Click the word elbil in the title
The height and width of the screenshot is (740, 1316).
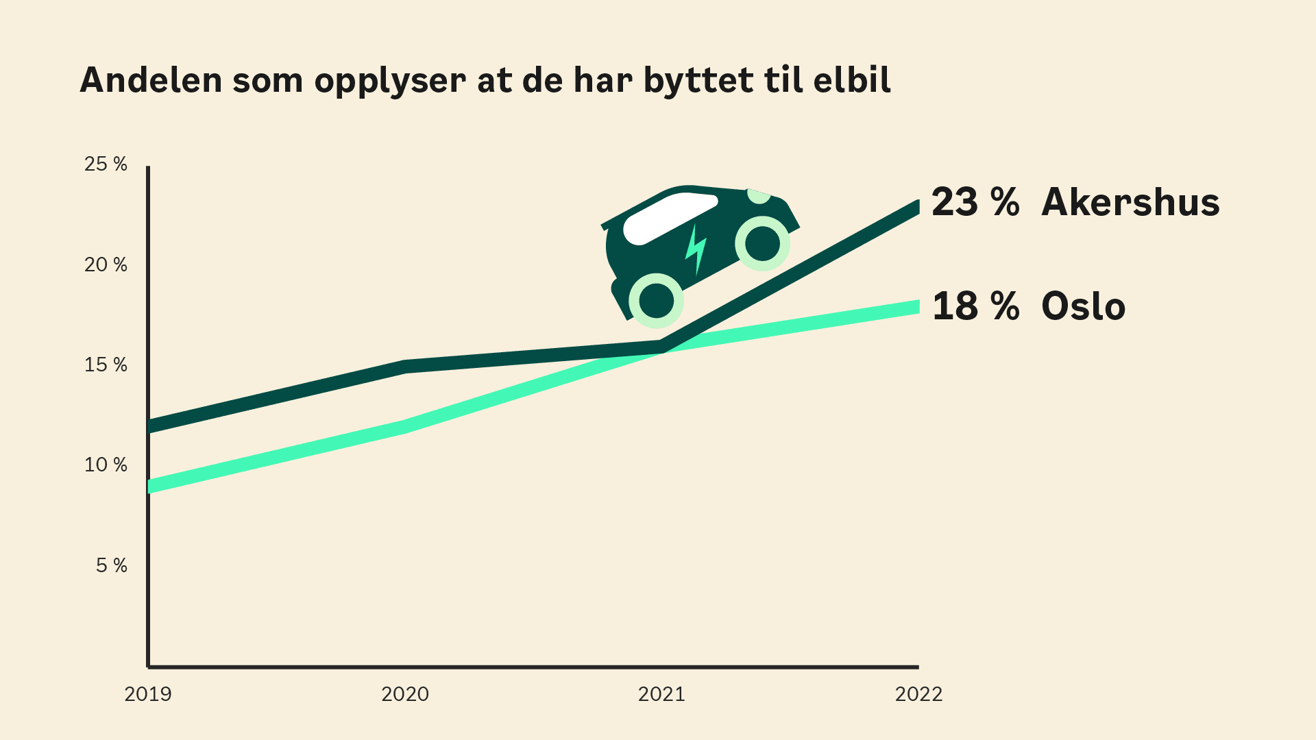852,80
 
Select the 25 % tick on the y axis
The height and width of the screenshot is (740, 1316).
106,164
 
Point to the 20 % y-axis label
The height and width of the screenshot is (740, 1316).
106,264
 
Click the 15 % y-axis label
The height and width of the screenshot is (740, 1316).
106,365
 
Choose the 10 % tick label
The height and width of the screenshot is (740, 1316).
106,465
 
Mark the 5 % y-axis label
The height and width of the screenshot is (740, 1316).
111,565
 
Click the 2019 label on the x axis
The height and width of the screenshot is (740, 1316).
148,694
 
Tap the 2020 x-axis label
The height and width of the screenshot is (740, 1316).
405,694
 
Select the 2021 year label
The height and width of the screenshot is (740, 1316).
661,694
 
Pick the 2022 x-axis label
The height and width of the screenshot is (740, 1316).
918,694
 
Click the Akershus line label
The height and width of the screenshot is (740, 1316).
1130,202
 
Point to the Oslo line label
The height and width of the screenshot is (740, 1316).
1083,306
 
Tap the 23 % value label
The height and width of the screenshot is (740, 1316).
975,202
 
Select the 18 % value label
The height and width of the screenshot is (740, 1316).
975,306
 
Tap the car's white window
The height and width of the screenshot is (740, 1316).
668,218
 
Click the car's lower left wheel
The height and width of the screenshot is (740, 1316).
657,300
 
